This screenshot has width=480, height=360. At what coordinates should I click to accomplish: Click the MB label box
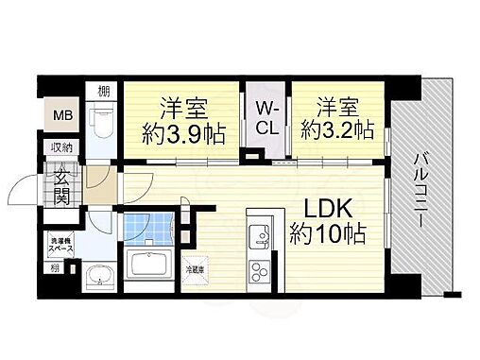(61, 116)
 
